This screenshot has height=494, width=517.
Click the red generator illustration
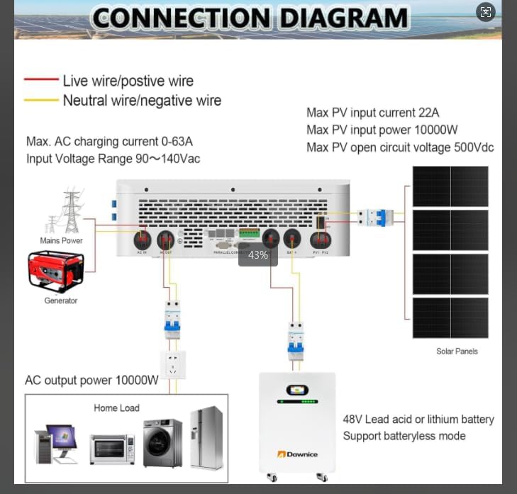tap(56, 271)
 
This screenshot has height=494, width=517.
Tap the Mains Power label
tap(61, 240)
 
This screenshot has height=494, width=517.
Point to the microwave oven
tap(112, 449)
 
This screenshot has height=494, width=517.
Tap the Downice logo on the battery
tap(297, 453)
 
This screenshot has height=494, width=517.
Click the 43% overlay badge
tap(258, 254)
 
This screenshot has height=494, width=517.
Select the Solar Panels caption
tap(457, 351)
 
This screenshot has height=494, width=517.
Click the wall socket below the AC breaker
tap(172, 364)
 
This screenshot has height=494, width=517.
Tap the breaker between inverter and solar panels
tap(375, 217)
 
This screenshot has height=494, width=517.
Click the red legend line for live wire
tap(41, 81)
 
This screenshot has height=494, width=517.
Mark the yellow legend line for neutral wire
tap(41, 101)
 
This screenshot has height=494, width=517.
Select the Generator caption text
tap(61, 301)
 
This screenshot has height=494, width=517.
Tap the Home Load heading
tap(116, 408)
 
